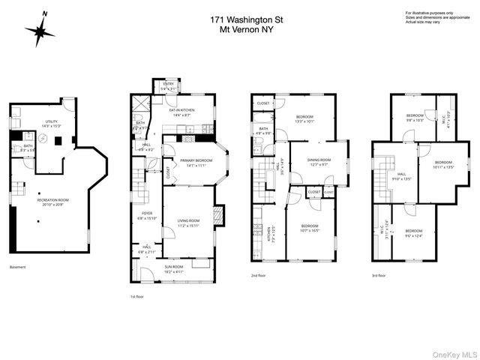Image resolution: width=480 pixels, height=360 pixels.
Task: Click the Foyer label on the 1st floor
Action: click(147, 215)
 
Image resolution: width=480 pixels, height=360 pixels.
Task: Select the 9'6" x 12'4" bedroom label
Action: click(413, 233)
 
